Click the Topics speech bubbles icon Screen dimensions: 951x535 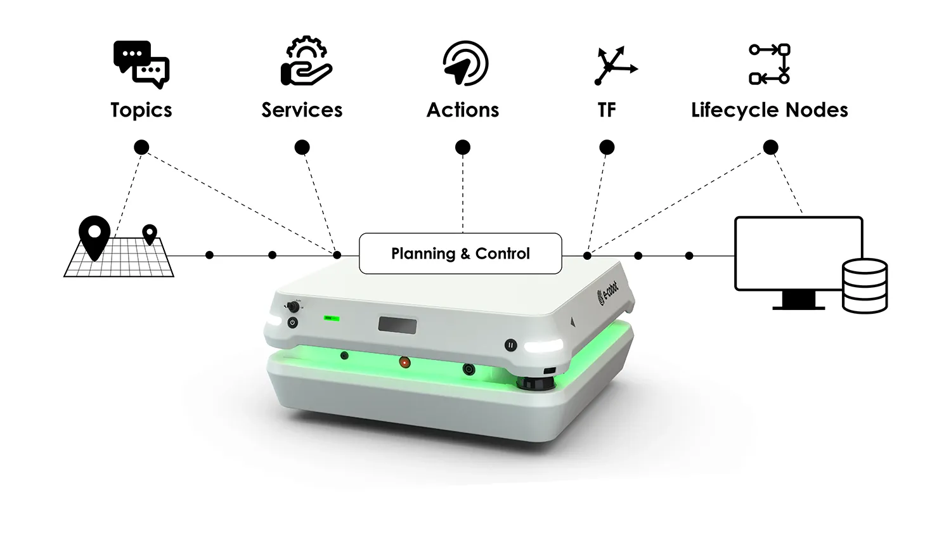[x=141, y=65]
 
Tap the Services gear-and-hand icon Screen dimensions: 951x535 [x=306, y=61]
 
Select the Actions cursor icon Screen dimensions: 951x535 [x=465, y=63]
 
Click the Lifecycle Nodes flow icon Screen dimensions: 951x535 [x=769, y=64]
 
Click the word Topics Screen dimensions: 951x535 [x=141, y=110]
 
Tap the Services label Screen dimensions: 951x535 [x=302, y=110]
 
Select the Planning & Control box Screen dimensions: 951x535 [x=461, y=254]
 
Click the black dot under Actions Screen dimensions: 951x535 [x=463, y=147]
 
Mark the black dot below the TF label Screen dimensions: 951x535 [x=607, y=147]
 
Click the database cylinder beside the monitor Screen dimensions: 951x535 [x=865, y=286]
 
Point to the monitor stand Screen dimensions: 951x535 [x=799, y=300]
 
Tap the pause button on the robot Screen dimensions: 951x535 [x=511, y=345]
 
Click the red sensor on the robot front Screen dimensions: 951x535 [x=404, y=363]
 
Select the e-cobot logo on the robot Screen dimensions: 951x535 [x=607, y=293]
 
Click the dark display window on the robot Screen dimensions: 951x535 [x=398, y=325]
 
